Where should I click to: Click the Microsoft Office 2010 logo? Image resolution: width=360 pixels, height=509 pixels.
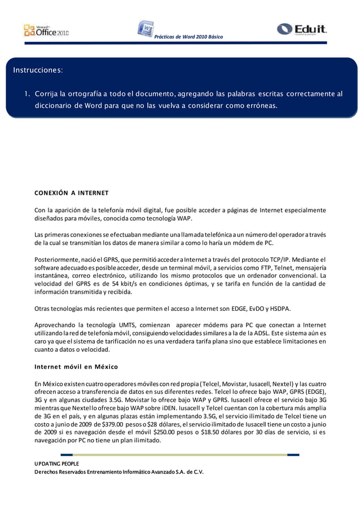(x=46, y=30)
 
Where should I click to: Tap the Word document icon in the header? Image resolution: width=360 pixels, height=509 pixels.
(x=145, y=29)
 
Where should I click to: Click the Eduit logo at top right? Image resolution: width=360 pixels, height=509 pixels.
(x=302, y=29)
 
